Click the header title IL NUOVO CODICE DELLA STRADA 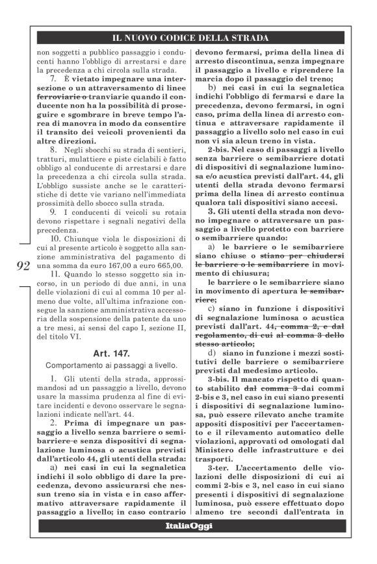click(190, 39)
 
